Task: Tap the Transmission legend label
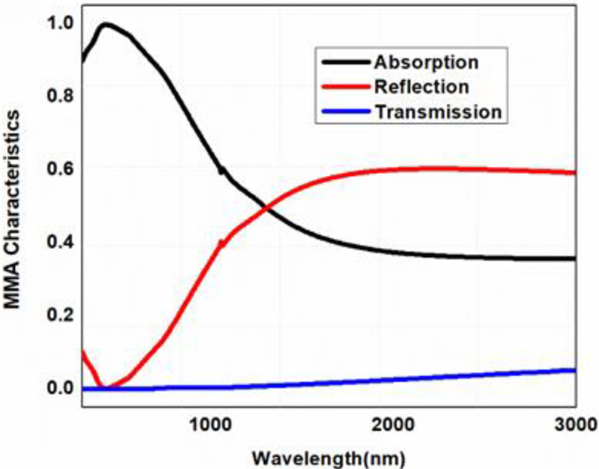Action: [x=437, y=112]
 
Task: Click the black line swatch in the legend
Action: [x=343, y=60]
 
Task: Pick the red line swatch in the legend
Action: [x=343, y=86]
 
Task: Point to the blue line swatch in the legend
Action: [x=343, y=112]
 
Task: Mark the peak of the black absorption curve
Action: [x=106, y=25]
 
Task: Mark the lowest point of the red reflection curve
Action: [x=105, y=387]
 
